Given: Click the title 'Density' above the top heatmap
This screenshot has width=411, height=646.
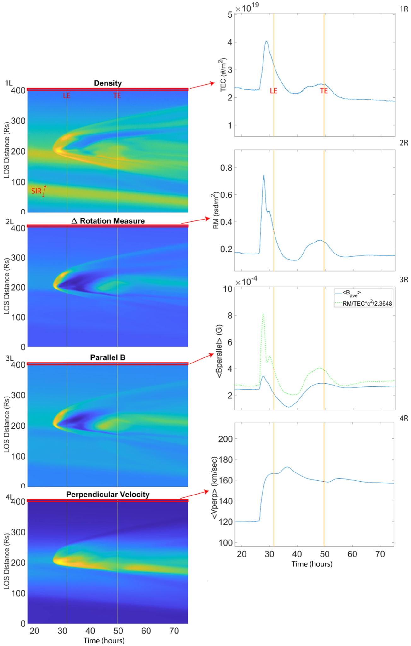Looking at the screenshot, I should pyautogui.click(x=107, y=83).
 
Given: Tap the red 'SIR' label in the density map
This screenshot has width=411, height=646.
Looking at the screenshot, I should pyautogui.click(x=36, y=191).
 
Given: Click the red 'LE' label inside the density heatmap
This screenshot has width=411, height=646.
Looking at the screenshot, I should pyautogui.click(x=67, y=95).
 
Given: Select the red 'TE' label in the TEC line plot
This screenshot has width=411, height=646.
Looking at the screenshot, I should pyautogui.click(x=324, y=91).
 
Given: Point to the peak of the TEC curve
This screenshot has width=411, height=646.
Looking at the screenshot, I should pyautogui.click(x=266, y=42).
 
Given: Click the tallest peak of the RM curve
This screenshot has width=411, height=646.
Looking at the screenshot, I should pyautogui.click(x=264, y=175).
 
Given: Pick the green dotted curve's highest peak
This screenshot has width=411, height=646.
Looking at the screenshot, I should pyautogui.click(x=263, y=314).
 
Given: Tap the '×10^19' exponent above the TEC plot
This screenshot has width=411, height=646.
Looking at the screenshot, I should pyautogui.click(x=247, y=7).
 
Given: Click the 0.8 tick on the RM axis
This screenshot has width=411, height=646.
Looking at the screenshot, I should pyautogui.click(x=226, y=168).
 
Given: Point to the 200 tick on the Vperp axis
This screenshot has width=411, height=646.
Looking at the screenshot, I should pyautogui.click(x=226, y=439).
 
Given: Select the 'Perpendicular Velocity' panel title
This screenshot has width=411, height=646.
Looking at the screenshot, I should pyautogui.click(x=107, y=494).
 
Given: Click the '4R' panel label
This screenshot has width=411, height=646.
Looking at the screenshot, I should pyautogui.click(x=403, y=418).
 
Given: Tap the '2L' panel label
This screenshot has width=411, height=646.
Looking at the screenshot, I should pyautogui.click(x=9, y=221).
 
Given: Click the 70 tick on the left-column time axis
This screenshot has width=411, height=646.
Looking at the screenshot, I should pyautogui.click(x=174, y=631).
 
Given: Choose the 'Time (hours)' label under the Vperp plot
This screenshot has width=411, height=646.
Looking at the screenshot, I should pyautogui.click(x=312, y=564).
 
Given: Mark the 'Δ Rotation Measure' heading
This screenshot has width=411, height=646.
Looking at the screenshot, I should pyautogui.click(x=108, y=221).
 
